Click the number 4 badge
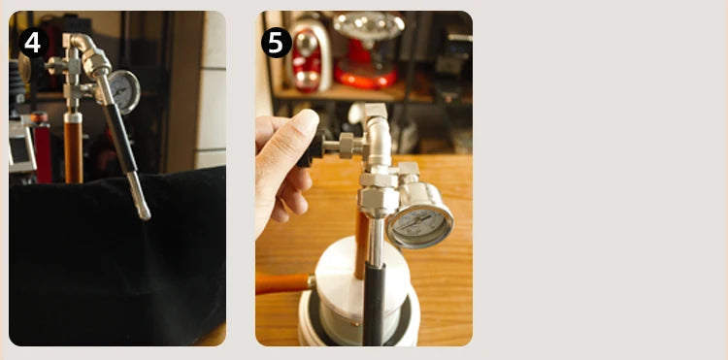[33, 43]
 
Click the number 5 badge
[277, 43]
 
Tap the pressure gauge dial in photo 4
[124, 91]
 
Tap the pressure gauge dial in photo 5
[420, 225]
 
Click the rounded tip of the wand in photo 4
[144, 213]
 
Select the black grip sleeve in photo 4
[119, 138]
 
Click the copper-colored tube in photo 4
[74, 150]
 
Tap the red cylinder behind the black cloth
[43, 147]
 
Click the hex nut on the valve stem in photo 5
[346, 146]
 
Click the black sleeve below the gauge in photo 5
[375, 304]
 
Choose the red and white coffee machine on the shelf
[309, 54]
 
